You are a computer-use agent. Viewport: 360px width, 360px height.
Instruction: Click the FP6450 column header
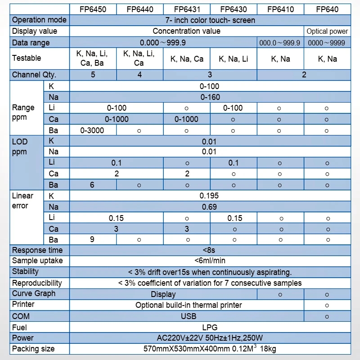93,9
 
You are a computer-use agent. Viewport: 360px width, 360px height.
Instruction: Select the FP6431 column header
186,9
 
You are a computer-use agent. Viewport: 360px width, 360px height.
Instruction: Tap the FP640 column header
327,9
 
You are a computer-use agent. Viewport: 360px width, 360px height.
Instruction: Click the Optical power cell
327,31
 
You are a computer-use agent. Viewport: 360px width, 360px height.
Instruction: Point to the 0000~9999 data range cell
327,43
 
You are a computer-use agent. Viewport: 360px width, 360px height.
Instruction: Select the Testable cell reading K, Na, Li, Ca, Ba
93,58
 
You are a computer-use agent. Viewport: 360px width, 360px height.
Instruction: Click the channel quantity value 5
93,75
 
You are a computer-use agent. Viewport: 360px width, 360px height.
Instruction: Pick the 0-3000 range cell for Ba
92,130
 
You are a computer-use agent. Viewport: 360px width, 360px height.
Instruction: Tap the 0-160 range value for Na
210,97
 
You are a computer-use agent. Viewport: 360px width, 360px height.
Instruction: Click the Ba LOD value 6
92,184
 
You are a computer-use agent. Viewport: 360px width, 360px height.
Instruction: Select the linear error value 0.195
209,196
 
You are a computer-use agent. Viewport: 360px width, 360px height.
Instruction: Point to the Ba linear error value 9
92,239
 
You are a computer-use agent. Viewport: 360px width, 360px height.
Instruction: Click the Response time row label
37,250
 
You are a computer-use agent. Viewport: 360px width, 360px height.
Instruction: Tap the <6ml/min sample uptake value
210,261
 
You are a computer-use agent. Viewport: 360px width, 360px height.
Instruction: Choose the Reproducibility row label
37,283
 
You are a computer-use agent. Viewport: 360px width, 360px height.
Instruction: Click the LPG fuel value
210,327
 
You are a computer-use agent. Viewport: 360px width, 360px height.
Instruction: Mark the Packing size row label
33,349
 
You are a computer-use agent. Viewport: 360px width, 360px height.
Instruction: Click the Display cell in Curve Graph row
163,294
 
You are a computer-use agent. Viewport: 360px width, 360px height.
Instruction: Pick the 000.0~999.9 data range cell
280,43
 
